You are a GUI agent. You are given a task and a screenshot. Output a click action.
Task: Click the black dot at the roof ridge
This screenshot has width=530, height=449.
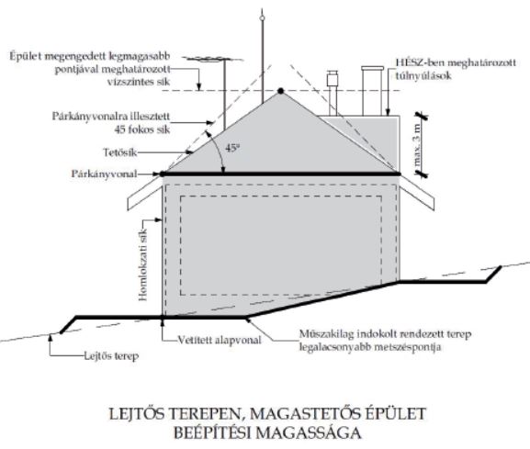coord(280,91)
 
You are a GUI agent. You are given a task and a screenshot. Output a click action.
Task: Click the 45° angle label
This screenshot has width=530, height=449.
coord(232,148)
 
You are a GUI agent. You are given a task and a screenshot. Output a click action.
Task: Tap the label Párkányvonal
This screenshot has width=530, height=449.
coord(104,174)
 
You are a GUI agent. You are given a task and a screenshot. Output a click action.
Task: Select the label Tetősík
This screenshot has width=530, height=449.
coord(120,152)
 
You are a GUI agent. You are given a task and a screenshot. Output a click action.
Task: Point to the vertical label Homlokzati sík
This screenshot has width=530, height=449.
coord(143,264)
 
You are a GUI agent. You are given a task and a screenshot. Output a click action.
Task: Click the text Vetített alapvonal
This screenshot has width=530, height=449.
coord(220,340)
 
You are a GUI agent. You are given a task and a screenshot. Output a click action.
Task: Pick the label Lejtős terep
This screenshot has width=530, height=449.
coord(111,355)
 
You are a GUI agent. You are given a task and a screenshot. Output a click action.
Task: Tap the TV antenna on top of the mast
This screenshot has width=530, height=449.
coord(213,60)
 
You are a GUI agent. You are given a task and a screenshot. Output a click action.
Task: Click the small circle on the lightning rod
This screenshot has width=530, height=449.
coord(262,18)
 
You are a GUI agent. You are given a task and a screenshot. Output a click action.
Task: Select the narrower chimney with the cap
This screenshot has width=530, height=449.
coord(333,93)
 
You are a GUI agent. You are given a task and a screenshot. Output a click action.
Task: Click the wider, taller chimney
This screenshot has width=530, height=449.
coord(372,91)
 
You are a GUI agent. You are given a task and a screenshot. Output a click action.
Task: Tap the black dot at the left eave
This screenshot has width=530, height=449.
coord(163,174)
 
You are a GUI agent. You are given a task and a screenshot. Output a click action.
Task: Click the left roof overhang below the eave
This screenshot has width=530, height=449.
coord(144,193)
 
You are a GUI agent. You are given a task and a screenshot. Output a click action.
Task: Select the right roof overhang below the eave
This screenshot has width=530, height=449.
coord(417,193)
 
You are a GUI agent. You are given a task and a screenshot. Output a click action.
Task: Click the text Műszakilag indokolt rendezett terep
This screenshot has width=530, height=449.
coord(386,334)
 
